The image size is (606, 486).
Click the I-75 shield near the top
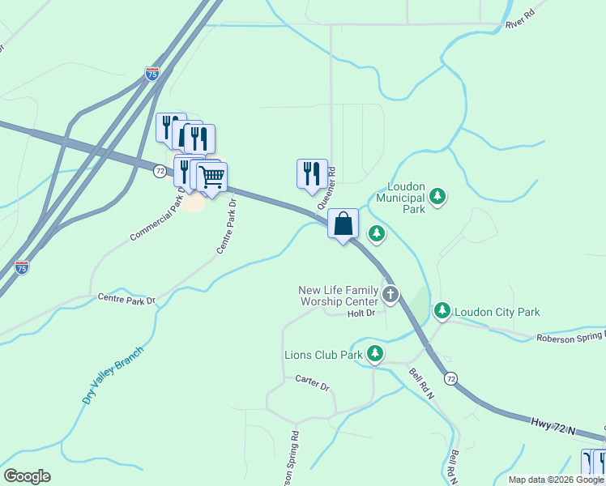tap(152, 74)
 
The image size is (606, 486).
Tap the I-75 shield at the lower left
tap(22, 266)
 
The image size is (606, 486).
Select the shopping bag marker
tap(343, 223)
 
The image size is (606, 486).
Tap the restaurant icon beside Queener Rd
tap(312, 173)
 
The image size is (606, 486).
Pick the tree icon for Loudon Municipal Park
tap(437, 196)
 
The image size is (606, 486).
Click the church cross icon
tap(390, 294)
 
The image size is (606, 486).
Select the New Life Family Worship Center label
tap(339, 296)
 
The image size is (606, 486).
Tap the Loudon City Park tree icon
tap(442, 310)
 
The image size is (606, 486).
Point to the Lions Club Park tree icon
tap(374, 353)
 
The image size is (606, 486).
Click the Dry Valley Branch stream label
tap(113, 375)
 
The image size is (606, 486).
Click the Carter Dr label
tap(312, 382)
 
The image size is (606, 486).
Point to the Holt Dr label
tap(361, 313)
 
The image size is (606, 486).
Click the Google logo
tap(27, 476)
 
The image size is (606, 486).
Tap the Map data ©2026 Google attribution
tap(556, 480)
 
